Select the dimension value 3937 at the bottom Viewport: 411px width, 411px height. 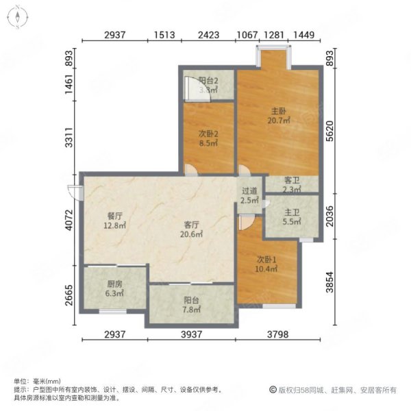tap(192, 334)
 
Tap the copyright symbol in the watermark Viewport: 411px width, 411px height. tap(272, 390)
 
